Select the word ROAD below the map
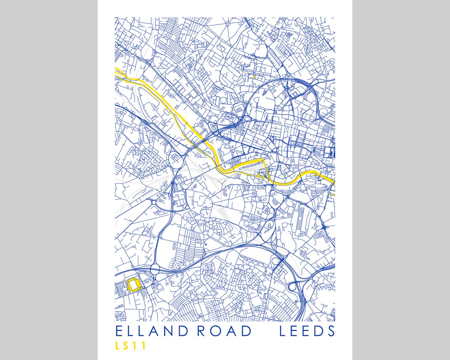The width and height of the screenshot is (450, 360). coord(224,331)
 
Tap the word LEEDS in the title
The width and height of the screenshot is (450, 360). coord(307,331)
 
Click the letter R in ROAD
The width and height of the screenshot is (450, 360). coord(202,331)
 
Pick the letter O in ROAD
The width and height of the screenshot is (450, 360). coord(216,331)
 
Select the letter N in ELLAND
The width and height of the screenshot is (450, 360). coord(170,331)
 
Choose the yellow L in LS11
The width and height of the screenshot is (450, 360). coord(118,346)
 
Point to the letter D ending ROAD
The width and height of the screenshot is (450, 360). coord(245,331)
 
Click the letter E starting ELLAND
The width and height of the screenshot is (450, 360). coord(119,331)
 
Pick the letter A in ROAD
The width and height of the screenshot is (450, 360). coord(231,331)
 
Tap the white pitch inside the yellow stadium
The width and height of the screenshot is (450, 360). coord(134,285)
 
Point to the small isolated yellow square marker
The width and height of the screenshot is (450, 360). coord(253,77)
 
